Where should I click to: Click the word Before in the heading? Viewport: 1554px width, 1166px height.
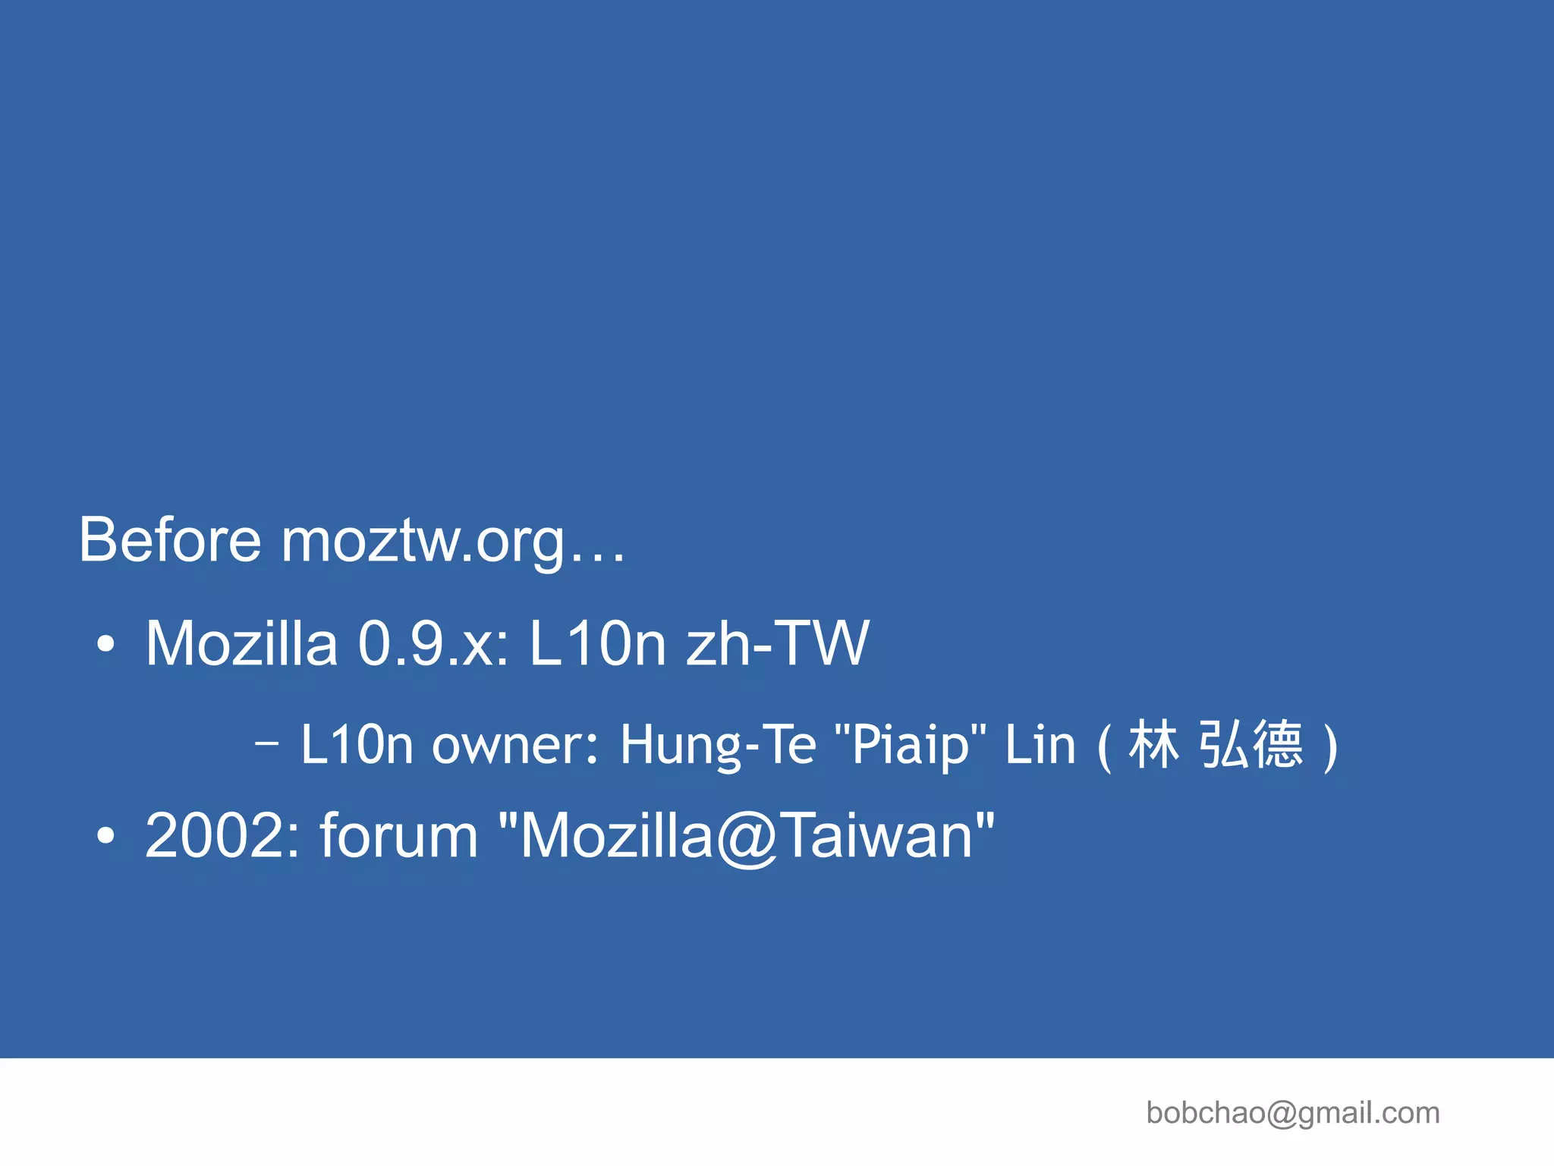(x=170, y=539)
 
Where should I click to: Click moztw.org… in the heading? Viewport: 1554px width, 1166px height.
(x=453, y=541)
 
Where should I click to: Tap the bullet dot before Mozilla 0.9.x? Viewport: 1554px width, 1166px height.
(x=106, y=645)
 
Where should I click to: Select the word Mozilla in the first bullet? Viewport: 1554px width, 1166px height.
(x=241, y=644)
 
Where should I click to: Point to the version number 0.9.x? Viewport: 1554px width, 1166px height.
(x=433, y=644)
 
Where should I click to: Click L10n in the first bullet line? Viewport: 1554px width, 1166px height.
(x=597, y=644)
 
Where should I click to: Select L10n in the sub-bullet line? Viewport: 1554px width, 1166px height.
(x=357, y=744)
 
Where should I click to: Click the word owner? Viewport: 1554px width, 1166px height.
(x=516, y=744)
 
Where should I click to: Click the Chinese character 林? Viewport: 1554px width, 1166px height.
(x=1153, y=744)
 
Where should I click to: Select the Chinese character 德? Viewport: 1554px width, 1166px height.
(x=1278, y=744)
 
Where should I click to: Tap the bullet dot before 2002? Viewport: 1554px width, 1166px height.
(x=106, y=835)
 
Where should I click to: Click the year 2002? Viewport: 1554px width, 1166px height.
(x=223, y=835)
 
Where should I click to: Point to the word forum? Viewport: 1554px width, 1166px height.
(x=399, y=835)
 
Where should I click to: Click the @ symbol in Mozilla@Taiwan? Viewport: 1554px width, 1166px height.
(x=747, y=837)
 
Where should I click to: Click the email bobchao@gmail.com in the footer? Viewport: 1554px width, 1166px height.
(x=1292, y=1113)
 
